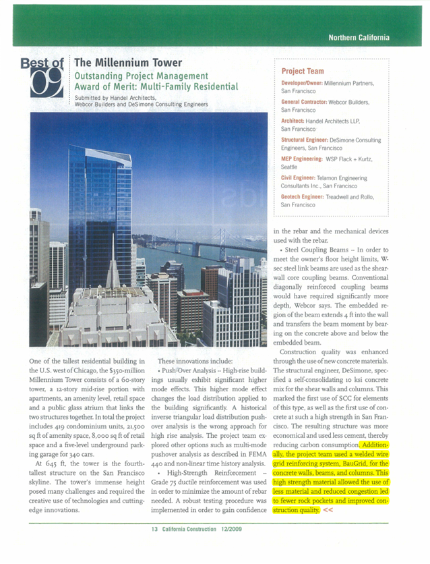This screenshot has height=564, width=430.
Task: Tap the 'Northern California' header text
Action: click(x=359, y=37)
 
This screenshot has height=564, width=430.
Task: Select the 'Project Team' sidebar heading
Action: click(x=303, y=71)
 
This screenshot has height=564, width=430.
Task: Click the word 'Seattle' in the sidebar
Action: click(x=289, y=166)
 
